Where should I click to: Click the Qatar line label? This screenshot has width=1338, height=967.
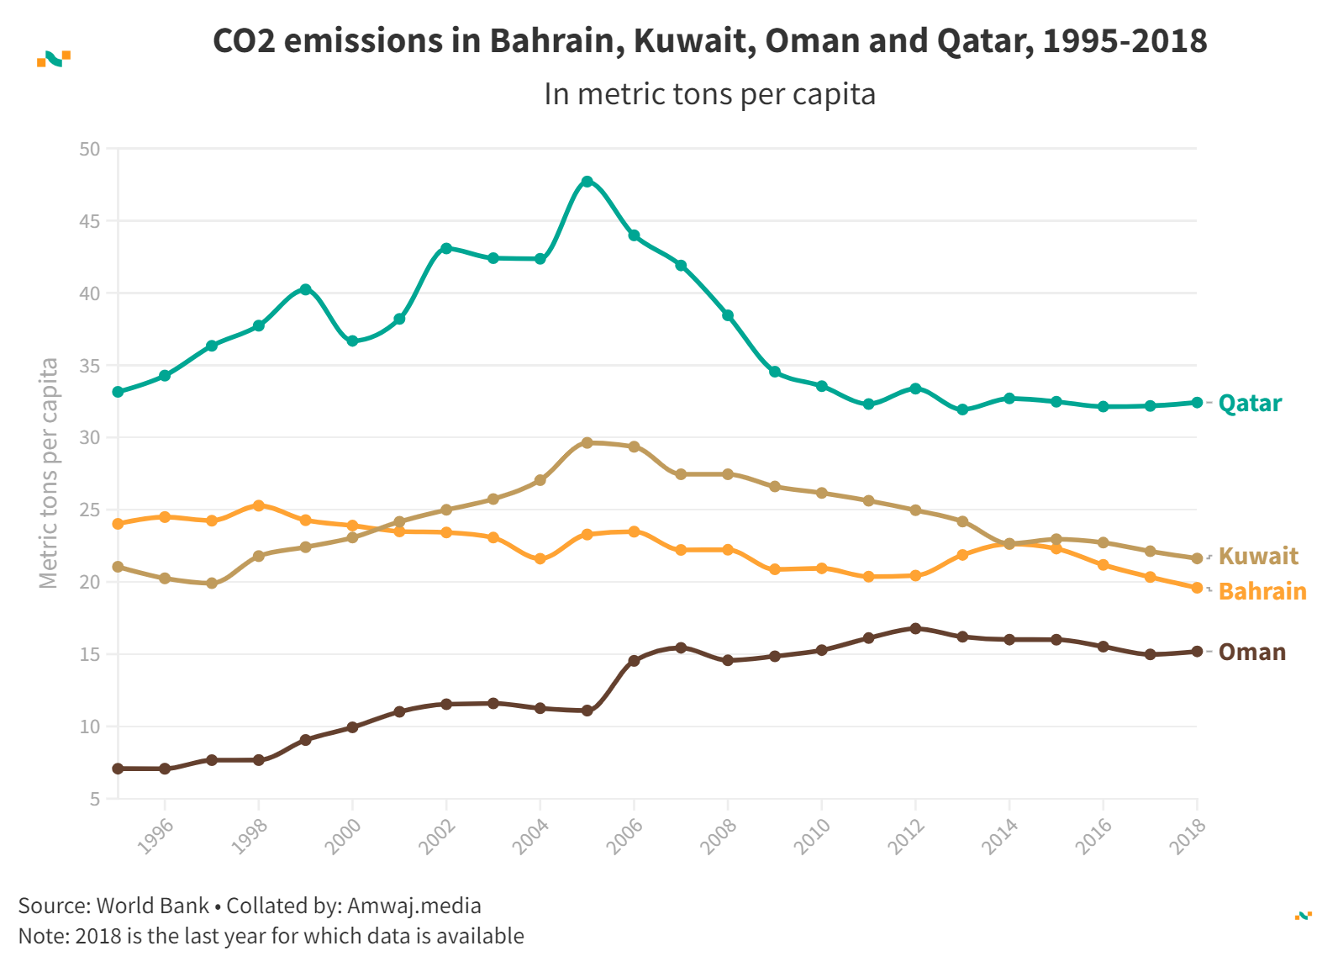[x=1250, y=404]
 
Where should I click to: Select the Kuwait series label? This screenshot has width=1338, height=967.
[x=1257, y=557]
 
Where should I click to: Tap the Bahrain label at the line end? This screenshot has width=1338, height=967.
[x=1262, y=592]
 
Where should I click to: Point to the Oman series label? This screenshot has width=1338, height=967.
[x=1251, y=653]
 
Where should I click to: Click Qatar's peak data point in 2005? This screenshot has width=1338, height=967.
[x=587, y=182]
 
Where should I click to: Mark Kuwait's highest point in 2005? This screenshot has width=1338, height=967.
[x=587, y=442]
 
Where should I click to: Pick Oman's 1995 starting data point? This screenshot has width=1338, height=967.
[x=119, y=769]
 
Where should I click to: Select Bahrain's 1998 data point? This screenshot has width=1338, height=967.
[x=259, y=505]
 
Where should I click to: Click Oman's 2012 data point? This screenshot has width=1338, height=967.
[x=915, y=628]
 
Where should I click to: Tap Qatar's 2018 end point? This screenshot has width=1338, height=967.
[x=1197, y=403]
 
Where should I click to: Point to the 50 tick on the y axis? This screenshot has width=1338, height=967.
[x=89, y=150]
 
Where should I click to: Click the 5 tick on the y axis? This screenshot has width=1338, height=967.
[x=95, y=799]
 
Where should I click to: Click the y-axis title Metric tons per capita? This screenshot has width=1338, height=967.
[x=49, y=473]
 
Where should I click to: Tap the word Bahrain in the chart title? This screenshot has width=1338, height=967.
[x=556, y=40]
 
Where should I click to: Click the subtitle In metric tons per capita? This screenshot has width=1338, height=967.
[x=709, y=94]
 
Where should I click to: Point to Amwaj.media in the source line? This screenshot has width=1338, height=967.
[x=414, y=906]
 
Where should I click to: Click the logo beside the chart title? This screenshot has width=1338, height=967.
[x=54, y=58]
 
